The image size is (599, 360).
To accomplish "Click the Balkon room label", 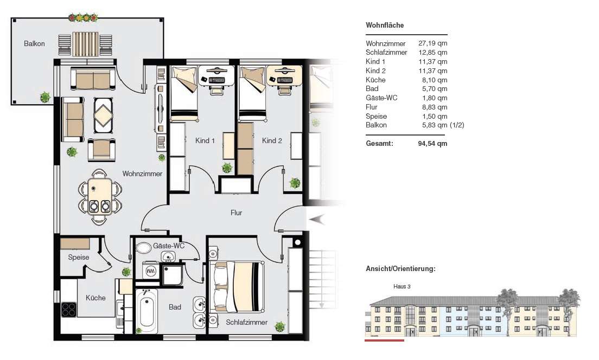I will point(34,43).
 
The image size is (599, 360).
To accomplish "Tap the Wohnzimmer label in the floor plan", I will point(142,174).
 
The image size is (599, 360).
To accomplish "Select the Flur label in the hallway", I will point(236,213).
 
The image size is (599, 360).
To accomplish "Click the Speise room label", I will point(79,257).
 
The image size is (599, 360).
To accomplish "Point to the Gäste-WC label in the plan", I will point(169,246).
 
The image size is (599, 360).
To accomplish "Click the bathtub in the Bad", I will point(146,312).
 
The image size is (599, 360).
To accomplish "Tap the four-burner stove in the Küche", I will point(68,309).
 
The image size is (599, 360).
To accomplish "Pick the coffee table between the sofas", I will point(103,115).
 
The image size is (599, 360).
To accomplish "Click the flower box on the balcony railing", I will point(83,18).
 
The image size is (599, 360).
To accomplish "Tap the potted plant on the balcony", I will point(45,97).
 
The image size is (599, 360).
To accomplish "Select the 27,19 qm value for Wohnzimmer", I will point(433,43).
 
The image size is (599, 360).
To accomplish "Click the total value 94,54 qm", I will point(433,144).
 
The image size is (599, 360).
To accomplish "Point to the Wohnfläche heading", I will point(385,25).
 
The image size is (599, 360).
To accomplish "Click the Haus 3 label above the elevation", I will point(402,286).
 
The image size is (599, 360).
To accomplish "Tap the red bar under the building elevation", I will point(384,340).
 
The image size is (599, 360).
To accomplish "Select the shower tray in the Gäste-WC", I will point(173,274).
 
